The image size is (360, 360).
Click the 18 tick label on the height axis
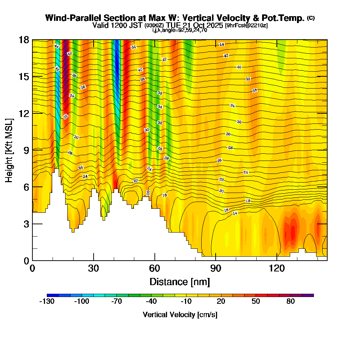click(24, 40)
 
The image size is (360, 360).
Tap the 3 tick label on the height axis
click(26, 224)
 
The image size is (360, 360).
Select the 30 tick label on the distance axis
click(94, 268)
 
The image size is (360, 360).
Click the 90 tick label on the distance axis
click(216, 268)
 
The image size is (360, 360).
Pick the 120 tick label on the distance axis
click(276, 268)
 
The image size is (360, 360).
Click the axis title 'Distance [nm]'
click(180, 281)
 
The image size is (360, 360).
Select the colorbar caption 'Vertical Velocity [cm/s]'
click(180, 315)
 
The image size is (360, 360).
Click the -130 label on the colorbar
click(46, 302)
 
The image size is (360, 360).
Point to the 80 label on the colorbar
click(291, 302)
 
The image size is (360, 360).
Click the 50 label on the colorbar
click(256, 302)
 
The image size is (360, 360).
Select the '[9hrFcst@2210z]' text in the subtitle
click(246, 26)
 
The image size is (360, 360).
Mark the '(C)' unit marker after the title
click(311, 18)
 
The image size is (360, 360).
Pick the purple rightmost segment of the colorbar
click(311, 295)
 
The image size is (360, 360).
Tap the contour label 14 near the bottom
click(235, 213)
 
